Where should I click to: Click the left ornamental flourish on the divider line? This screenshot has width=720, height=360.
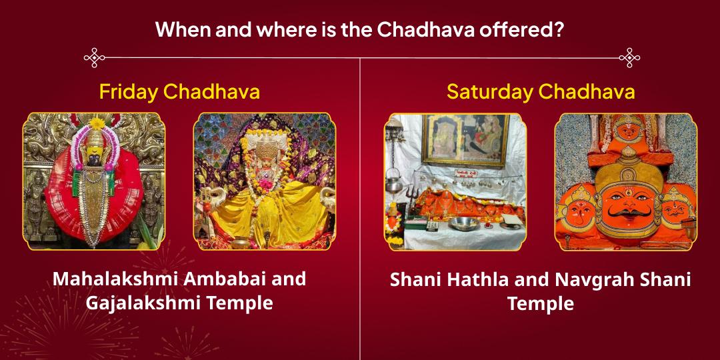[94, 57]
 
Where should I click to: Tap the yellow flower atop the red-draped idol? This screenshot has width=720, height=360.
[98, 123]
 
